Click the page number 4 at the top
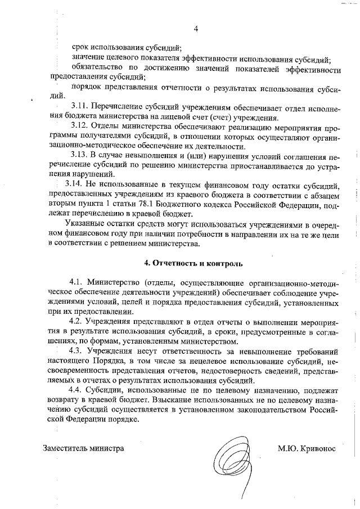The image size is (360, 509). point(196,29)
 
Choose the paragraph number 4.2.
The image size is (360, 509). point(76,319)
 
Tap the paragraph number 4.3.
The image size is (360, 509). point(76,350)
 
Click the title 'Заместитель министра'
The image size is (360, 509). point(83,449)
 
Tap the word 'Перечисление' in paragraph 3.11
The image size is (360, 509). point(116,105)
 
